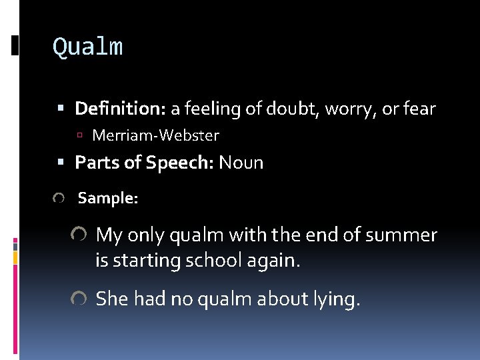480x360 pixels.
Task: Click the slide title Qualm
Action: (87, 47)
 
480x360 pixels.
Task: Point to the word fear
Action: (419, 108)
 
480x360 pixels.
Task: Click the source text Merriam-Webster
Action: (155, 136)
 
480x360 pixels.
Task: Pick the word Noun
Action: (241, 163)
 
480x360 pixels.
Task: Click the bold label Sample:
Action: (108, 198)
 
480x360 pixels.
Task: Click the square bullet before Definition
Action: (61, 108)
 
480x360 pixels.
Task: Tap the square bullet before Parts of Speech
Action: (61, 163)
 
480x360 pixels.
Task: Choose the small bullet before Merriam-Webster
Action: (79, 136)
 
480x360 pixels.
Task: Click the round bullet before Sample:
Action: (59, 199)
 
